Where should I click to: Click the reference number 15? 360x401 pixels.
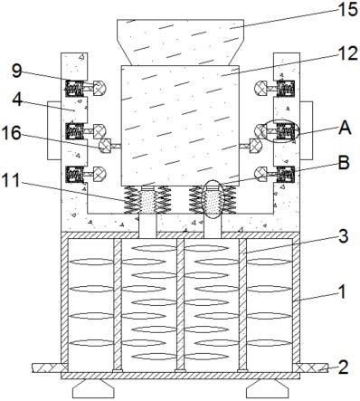click(347, 10)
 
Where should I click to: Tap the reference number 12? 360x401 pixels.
click(347, 53)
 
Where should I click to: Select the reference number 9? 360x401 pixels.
click(17, 72)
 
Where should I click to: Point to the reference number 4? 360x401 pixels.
click(17, 100)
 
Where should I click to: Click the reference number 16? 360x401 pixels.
click(12, 133)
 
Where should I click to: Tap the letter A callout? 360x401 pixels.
click(345, 128)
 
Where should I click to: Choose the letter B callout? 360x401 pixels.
click(344, 163)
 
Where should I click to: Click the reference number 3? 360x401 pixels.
click(343, 236)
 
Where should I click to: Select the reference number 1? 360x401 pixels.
click(342, 291)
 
